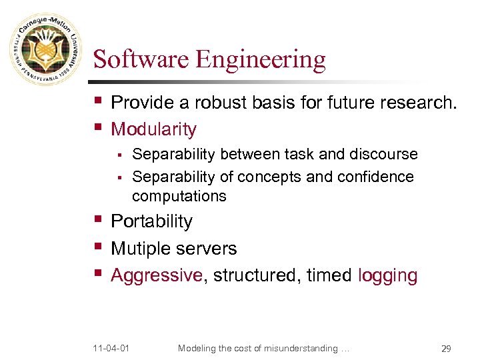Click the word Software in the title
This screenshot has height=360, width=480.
pyautogui.click(x=141, y=59)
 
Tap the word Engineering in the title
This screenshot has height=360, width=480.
pyautogui.click(x=261, y=60)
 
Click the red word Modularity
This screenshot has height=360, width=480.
pyautogui.click(x=153, y=129)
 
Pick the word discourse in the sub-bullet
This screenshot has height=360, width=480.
pyautogui.click(x=383, y=155)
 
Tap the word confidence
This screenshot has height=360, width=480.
pyautogui.click(x=379, y=177)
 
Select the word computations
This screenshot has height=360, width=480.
pyautogui.click(x=179, y=196)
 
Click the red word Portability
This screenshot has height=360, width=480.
pyautogui.click(x=151, y=221)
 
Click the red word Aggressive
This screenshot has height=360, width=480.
pyautogui.click(x=156, y=275)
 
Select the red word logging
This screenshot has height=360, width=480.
pyautogui.click(x=387, y=275)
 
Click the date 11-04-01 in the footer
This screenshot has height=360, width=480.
pyautogui.click(x=111, y=347)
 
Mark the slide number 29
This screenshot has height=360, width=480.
pyautogui.click(x=446, y=348)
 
